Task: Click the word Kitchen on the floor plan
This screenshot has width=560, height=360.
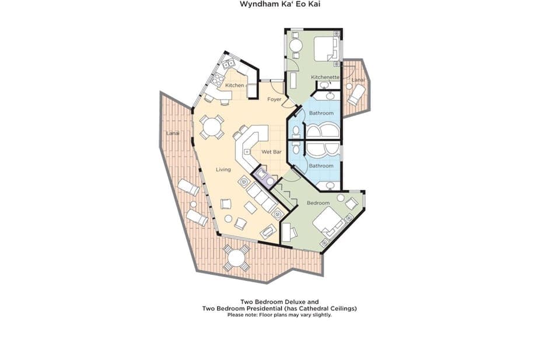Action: (235, 86)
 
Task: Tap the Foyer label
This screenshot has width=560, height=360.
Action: (274, 99)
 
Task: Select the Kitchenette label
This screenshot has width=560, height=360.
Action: (325, 77)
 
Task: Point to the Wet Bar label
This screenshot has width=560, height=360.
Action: (271, 152)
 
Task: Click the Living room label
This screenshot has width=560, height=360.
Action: (223, 170)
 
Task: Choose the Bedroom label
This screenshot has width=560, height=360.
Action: (318, 203)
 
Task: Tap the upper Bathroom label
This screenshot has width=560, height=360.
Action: (321, 113)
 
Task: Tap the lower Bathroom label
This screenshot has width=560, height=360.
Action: (321, 166)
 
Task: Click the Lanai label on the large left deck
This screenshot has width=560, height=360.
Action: (172, 134)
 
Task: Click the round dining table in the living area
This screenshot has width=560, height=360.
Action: (212, 126)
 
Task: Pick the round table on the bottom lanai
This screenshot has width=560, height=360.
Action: (236, 257)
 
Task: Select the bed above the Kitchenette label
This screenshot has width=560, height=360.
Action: (325, 48)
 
